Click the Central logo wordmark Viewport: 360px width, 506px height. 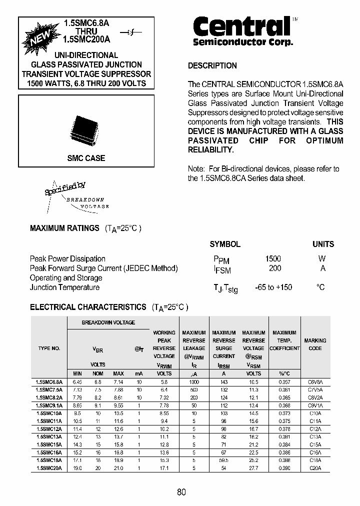click(x=241, y=26)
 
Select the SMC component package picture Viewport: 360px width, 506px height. click(x=83, y=129)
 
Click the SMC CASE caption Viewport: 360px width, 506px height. click(x=86, y=158)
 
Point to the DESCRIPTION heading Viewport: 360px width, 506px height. click(x=212, y=65)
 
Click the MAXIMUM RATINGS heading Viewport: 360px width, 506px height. click(x=64, y=228)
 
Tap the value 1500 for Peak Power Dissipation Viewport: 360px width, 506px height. click(x=273, y=258)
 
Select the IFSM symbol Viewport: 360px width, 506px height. click(x=222, y=269)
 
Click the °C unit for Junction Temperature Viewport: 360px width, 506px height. click(x=320, y=287)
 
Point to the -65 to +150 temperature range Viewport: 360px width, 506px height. click(x=273, y=287)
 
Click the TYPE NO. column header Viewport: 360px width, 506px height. click(x=49, y=348)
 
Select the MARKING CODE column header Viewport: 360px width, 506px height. click(x=315, y=344)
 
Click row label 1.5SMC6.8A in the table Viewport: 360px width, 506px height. click(x=49, y=381)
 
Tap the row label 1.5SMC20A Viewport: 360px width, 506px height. click(x=49, y=468)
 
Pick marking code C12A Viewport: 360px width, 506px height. click(x=315, y=428)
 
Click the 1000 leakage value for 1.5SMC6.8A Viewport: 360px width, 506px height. click(x=193, y=381)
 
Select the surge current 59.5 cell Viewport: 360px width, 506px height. click(x=223, y=460)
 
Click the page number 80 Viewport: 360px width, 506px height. click(x=181, y=492)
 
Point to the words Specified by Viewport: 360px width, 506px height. click(x=65, y=188)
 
